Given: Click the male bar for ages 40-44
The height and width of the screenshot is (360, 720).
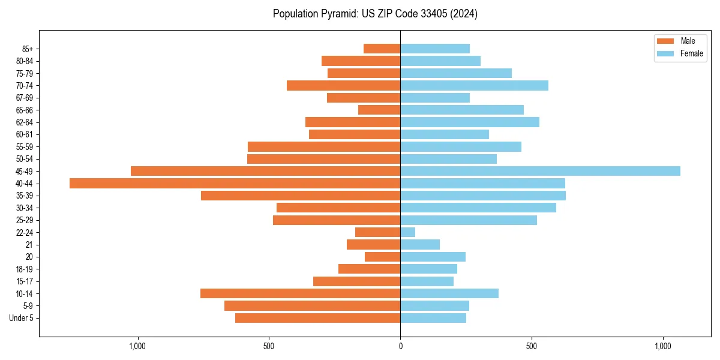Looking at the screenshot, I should click(235, 184).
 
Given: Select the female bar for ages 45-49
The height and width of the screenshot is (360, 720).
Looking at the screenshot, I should click(540, 171).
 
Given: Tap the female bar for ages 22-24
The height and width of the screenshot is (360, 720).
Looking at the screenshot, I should click(408, 232).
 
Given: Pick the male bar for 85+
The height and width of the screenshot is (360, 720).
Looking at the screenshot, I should click(382, 49).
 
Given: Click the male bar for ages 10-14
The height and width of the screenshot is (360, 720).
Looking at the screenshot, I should click(300, 293).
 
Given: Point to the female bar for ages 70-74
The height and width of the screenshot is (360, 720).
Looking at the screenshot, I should click(474, 85).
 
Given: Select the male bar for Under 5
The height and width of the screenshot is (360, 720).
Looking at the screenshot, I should click(317, 318).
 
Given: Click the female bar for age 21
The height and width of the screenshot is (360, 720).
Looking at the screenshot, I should click(420, 245).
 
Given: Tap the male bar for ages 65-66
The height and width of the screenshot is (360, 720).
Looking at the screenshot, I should click(379, 110).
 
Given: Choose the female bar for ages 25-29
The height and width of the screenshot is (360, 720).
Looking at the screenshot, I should click(469, 220).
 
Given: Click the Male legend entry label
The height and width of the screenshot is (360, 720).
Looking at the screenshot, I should click(688, 41).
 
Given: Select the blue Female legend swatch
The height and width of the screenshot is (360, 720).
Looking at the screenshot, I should click(666, 53).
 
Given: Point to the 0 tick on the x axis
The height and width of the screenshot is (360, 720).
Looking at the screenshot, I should click(400, 346).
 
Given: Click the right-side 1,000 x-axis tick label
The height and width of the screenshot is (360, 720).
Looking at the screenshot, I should click(663, 346).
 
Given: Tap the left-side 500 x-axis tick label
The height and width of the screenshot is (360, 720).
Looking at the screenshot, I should click(269, 346).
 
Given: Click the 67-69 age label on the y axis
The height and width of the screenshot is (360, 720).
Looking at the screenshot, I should click(25, 98).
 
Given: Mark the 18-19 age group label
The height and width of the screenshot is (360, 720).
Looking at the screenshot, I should click(25, 269).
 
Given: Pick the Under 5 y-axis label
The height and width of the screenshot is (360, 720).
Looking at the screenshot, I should click(21, 318).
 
